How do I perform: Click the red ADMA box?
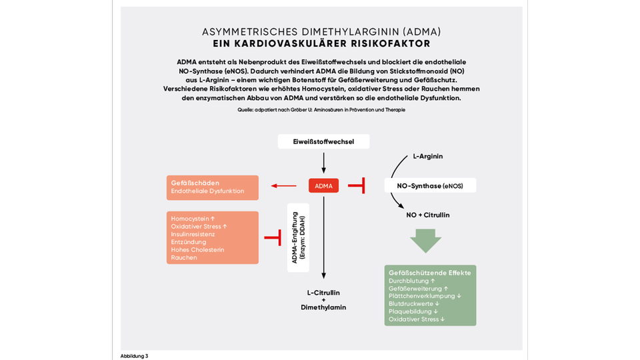tap(323, 185)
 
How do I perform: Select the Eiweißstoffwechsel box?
tap(323, 141)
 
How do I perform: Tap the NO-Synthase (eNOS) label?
tap(431, 185)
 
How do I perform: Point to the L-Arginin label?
tap(428, 156)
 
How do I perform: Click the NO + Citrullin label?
tap(428, 215)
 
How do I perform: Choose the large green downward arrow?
tap(426, 241)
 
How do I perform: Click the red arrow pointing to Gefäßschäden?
tap(283, 186)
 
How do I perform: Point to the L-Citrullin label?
tap(323, 292)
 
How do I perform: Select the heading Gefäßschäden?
tap(195, 183)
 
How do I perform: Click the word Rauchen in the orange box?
tap(184, 257)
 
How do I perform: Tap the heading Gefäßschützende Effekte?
tap(429, 273)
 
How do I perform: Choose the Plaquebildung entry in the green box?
tap(413, 311)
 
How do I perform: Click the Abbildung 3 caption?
tap(134, 355)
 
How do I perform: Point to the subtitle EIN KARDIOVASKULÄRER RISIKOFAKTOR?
tap(321, 44)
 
